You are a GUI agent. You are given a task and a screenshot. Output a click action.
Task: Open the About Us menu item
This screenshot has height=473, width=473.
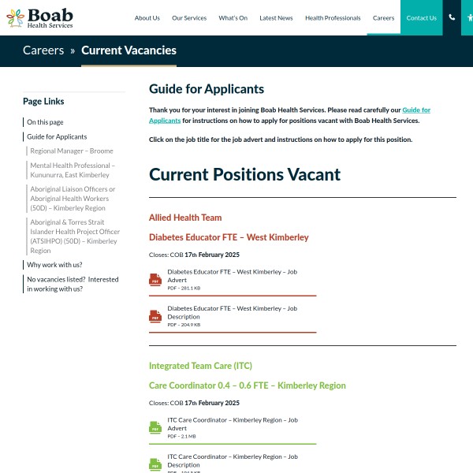(147, 18)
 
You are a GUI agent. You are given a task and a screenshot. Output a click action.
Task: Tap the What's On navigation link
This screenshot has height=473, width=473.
(233, 18)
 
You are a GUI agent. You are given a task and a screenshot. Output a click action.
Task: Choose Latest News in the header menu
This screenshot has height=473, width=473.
(276, 18)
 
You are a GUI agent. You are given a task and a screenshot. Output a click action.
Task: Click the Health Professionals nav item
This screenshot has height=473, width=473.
(333, 18)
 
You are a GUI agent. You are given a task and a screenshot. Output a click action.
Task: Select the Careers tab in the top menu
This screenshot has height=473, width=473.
(383, 18)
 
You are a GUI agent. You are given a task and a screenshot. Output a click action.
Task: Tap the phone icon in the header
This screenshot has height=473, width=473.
(452, 17)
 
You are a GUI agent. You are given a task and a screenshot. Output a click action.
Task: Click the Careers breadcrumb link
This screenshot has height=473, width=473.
(43, 50)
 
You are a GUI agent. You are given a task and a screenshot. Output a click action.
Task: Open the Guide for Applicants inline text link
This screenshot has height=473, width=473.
(416, 110)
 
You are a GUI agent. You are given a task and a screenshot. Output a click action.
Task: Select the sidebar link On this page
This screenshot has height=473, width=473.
(45, 122)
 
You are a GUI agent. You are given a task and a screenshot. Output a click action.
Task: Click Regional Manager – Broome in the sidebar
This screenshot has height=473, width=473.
(72, 151)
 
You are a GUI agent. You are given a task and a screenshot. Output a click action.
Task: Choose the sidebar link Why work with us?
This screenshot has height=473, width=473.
(54, 265)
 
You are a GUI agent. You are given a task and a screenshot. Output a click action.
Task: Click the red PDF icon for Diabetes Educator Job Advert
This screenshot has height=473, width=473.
(155, 280)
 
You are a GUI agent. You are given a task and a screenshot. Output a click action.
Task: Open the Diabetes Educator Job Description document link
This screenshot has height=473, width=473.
(232, 312)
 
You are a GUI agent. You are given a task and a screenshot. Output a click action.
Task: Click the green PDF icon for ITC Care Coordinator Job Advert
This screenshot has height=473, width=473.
(155, 428)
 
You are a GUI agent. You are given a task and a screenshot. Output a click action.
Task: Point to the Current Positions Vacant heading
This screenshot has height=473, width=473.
(244, 175)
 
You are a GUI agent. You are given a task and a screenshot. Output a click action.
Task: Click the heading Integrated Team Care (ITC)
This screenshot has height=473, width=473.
(200, 366)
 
